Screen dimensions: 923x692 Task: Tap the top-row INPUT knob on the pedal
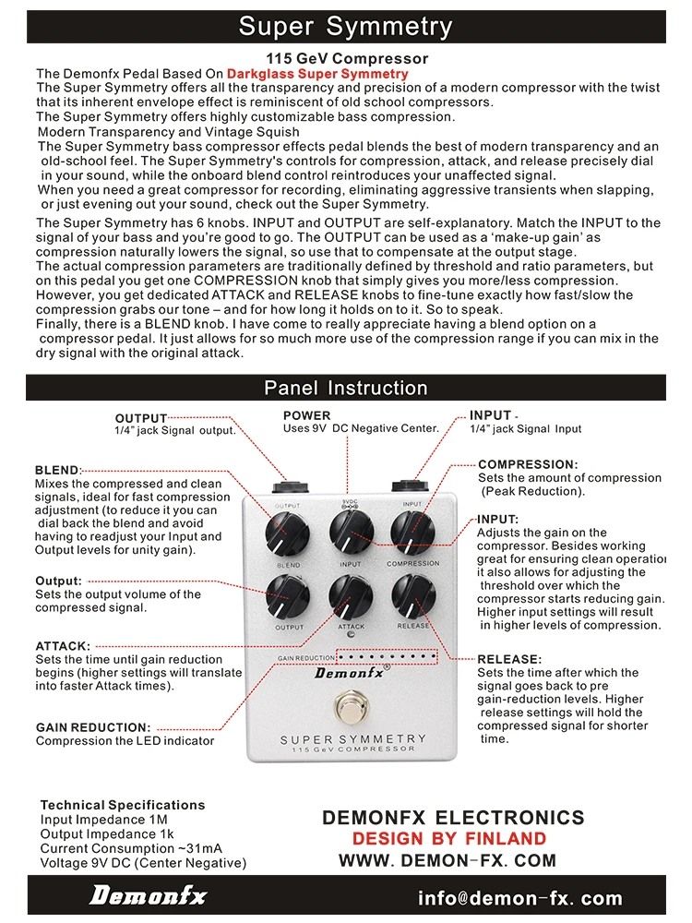point(351,530)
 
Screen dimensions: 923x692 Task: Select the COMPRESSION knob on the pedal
point(412,530)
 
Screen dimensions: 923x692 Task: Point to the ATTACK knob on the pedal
point(351,595)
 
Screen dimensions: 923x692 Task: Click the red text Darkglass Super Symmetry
point(317,74)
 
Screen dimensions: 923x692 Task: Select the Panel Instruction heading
point(346,388)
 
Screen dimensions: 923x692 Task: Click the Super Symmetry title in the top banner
point(346,26)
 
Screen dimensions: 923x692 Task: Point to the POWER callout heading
point(306,416)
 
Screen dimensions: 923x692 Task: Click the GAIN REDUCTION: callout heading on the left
point(92,727)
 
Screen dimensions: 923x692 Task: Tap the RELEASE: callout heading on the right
point(509,659)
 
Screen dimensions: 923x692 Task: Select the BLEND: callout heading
point(58,470)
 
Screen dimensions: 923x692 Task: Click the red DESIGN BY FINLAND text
point(449,839)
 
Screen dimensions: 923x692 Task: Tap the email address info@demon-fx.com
point(519,898)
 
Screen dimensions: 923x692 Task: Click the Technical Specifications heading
point(123,805)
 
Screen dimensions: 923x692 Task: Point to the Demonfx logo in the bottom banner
point(148,896)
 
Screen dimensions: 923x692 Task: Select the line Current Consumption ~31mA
point(131,848)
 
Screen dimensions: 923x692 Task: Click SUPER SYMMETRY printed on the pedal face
point(353,739)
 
